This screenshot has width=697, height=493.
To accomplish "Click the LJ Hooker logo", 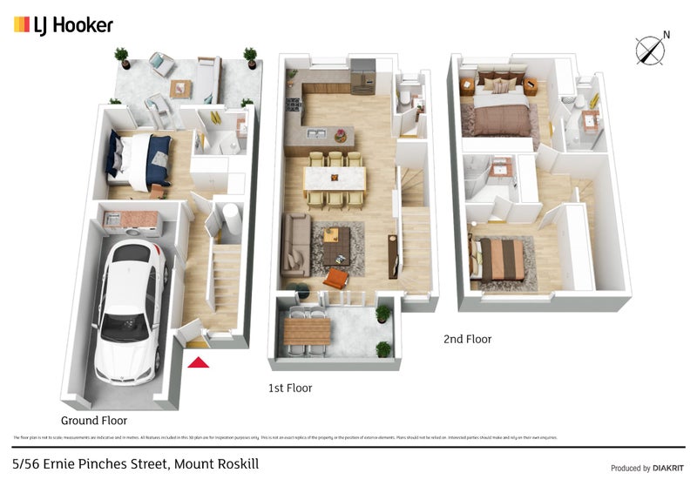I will [63, 25].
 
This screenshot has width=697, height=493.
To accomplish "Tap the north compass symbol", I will [649, 50].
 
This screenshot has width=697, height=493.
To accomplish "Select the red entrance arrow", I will [199, 361].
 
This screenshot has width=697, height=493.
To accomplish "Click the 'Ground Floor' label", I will [93, 420].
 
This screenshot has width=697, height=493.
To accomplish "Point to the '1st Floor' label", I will [290, 388].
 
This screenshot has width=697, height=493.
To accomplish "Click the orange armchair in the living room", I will [337, 279].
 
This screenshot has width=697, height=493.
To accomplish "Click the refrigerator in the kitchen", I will [362, 76].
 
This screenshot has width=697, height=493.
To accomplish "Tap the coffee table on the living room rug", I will [336, 246].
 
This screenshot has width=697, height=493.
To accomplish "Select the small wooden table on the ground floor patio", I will [180, 87].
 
